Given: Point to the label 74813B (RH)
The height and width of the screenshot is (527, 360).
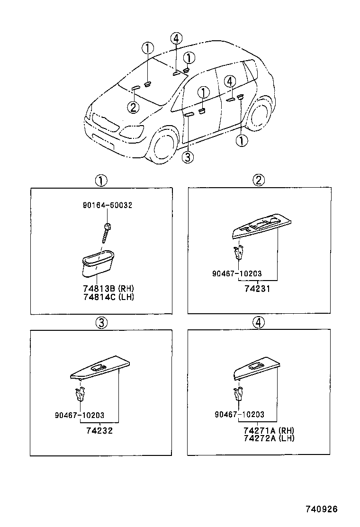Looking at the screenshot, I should click(x=106, y=289).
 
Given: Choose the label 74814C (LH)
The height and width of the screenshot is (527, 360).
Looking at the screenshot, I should click(x=106, y=297).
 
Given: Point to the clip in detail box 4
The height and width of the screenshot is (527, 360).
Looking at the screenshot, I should click(x=239, y=393).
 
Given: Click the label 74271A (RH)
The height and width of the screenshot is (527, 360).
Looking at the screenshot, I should click(x=268, y=430).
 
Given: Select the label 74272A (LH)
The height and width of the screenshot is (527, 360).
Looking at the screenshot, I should click(x=268, y=438).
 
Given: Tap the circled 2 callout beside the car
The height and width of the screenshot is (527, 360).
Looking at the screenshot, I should click(x=134, y=108).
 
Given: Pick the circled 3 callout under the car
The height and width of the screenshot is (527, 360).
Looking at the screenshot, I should click(x=188, y=157).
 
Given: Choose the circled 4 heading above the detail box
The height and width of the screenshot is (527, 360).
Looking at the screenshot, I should click(x=258, y=323).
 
